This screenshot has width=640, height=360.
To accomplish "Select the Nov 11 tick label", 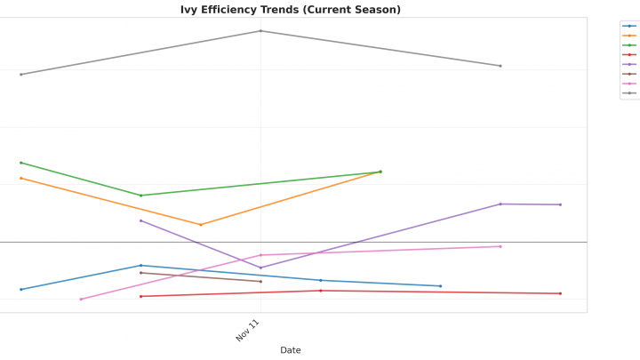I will point(248,330).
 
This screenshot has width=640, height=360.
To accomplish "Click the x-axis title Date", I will point(291,350).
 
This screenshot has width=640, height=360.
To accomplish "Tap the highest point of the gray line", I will point(260,31).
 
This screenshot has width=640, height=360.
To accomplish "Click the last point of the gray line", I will point(500,66).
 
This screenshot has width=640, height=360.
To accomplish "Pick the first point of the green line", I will point(21,163).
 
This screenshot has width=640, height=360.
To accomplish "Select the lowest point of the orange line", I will point(201,225).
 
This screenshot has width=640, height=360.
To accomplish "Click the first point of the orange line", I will point(21,179).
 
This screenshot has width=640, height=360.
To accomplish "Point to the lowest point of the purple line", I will point(260,268).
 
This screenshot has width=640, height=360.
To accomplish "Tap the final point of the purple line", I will point(560,204).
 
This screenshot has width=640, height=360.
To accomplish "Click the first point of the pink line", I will point(81,300).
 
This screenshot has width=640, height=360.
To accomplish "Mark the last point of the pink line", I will point(500,246).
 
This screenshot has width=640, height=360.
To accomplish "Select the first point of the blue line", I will point(21,290).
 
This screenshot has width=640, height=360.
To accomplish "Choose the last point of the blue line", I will point(441,286).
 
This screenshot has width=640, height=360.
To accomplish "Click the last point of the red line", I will point(560,293).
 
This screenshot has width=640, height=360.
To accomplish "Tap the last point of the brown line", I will point(260,282).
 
